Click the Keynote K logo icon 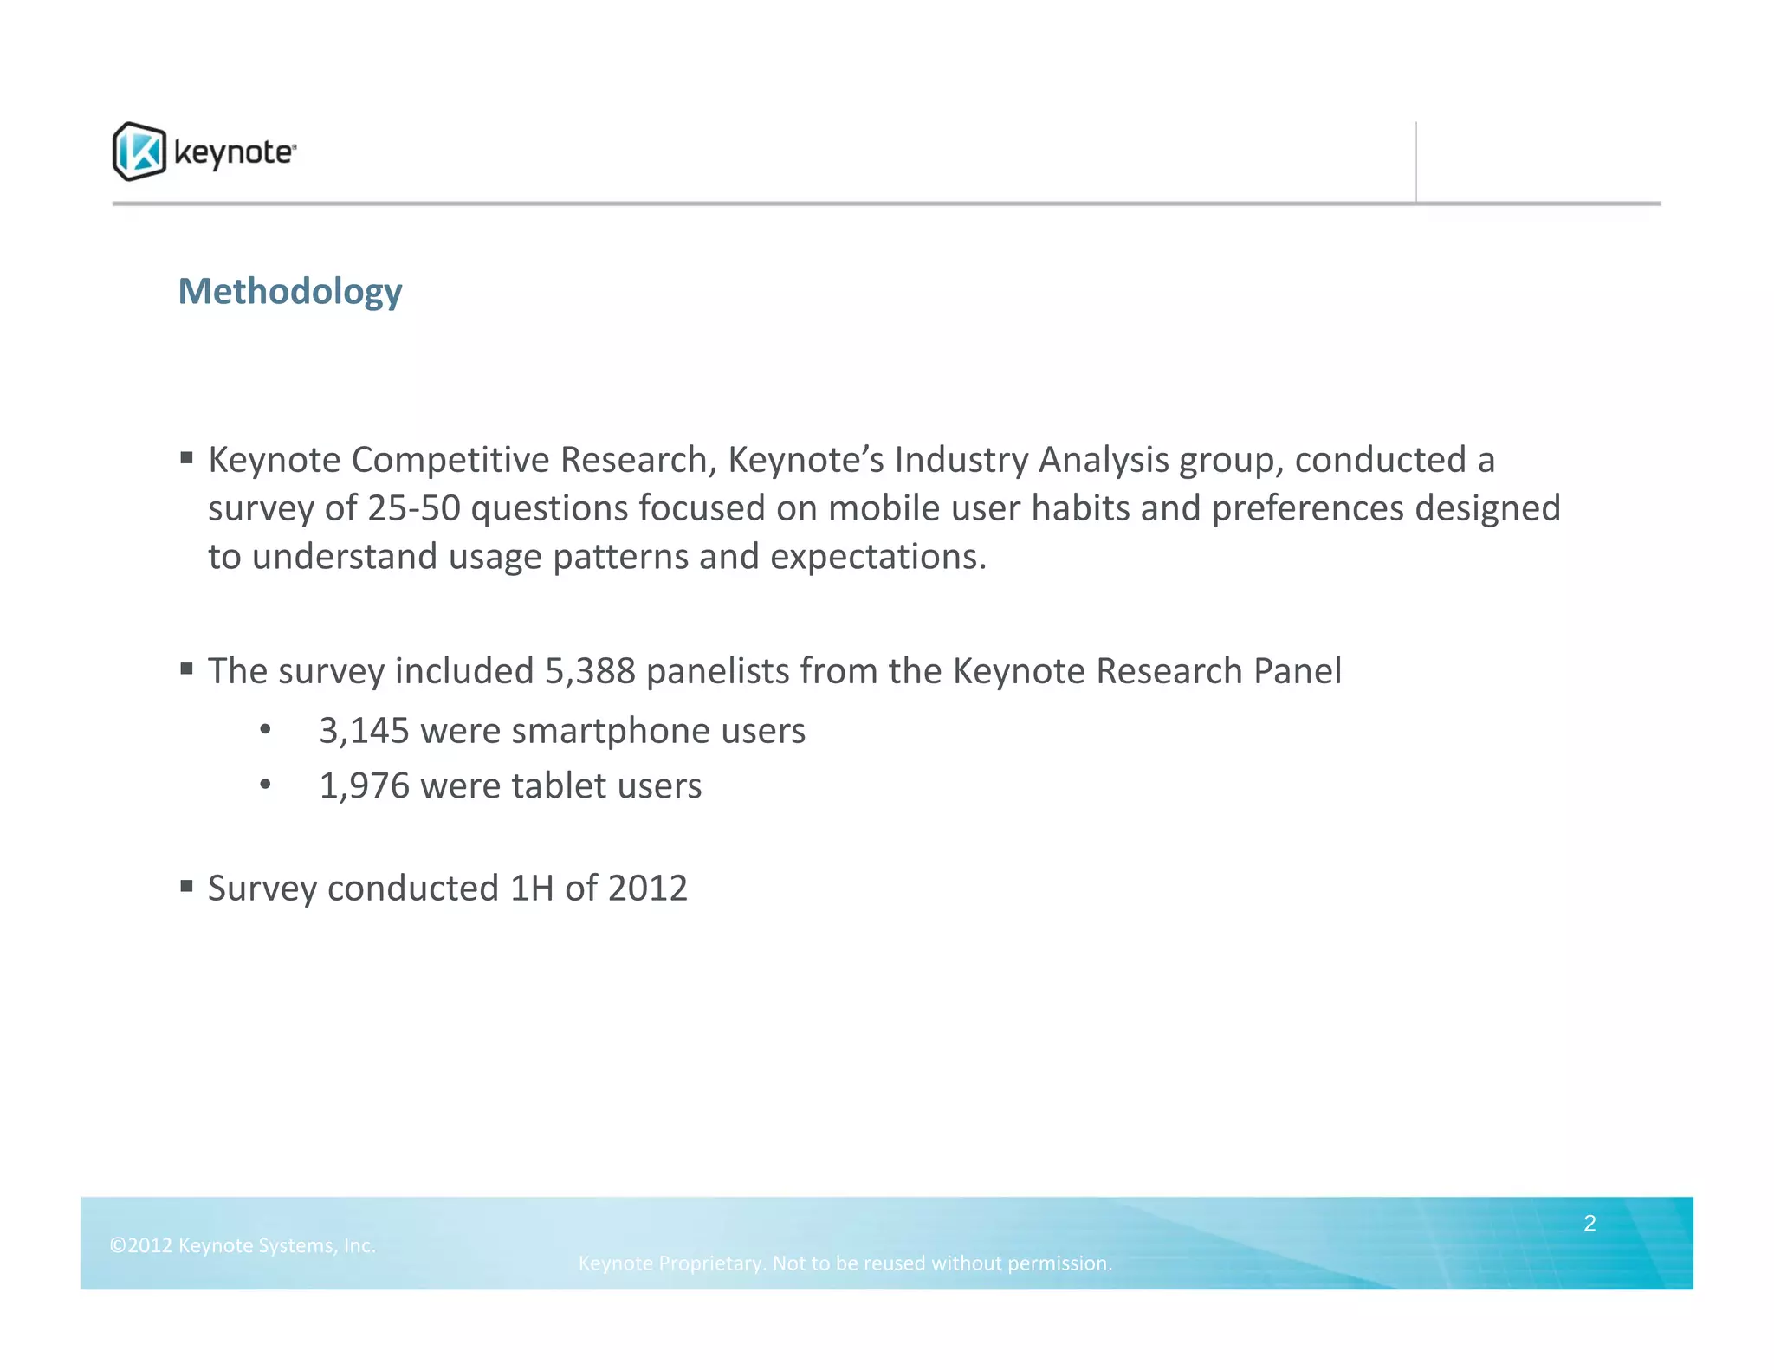[139, 152]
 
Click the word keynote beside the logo [234, 152]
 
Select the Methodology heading [290, 292]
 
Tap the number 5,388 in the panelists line [590, 671]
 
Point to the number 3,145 [364, 731]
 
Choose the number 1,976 [364, 786]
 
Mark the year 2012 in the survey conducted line [648, 889]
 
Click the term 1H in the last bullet [532, 889]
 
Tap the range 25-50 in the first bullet [413, 508]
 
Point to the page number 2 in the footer [1589, 1223]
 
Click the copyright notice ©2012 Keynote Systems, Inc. [243, 1245]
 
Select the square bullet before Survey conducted [186, 886]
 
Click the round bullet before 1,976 [265, 785]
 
